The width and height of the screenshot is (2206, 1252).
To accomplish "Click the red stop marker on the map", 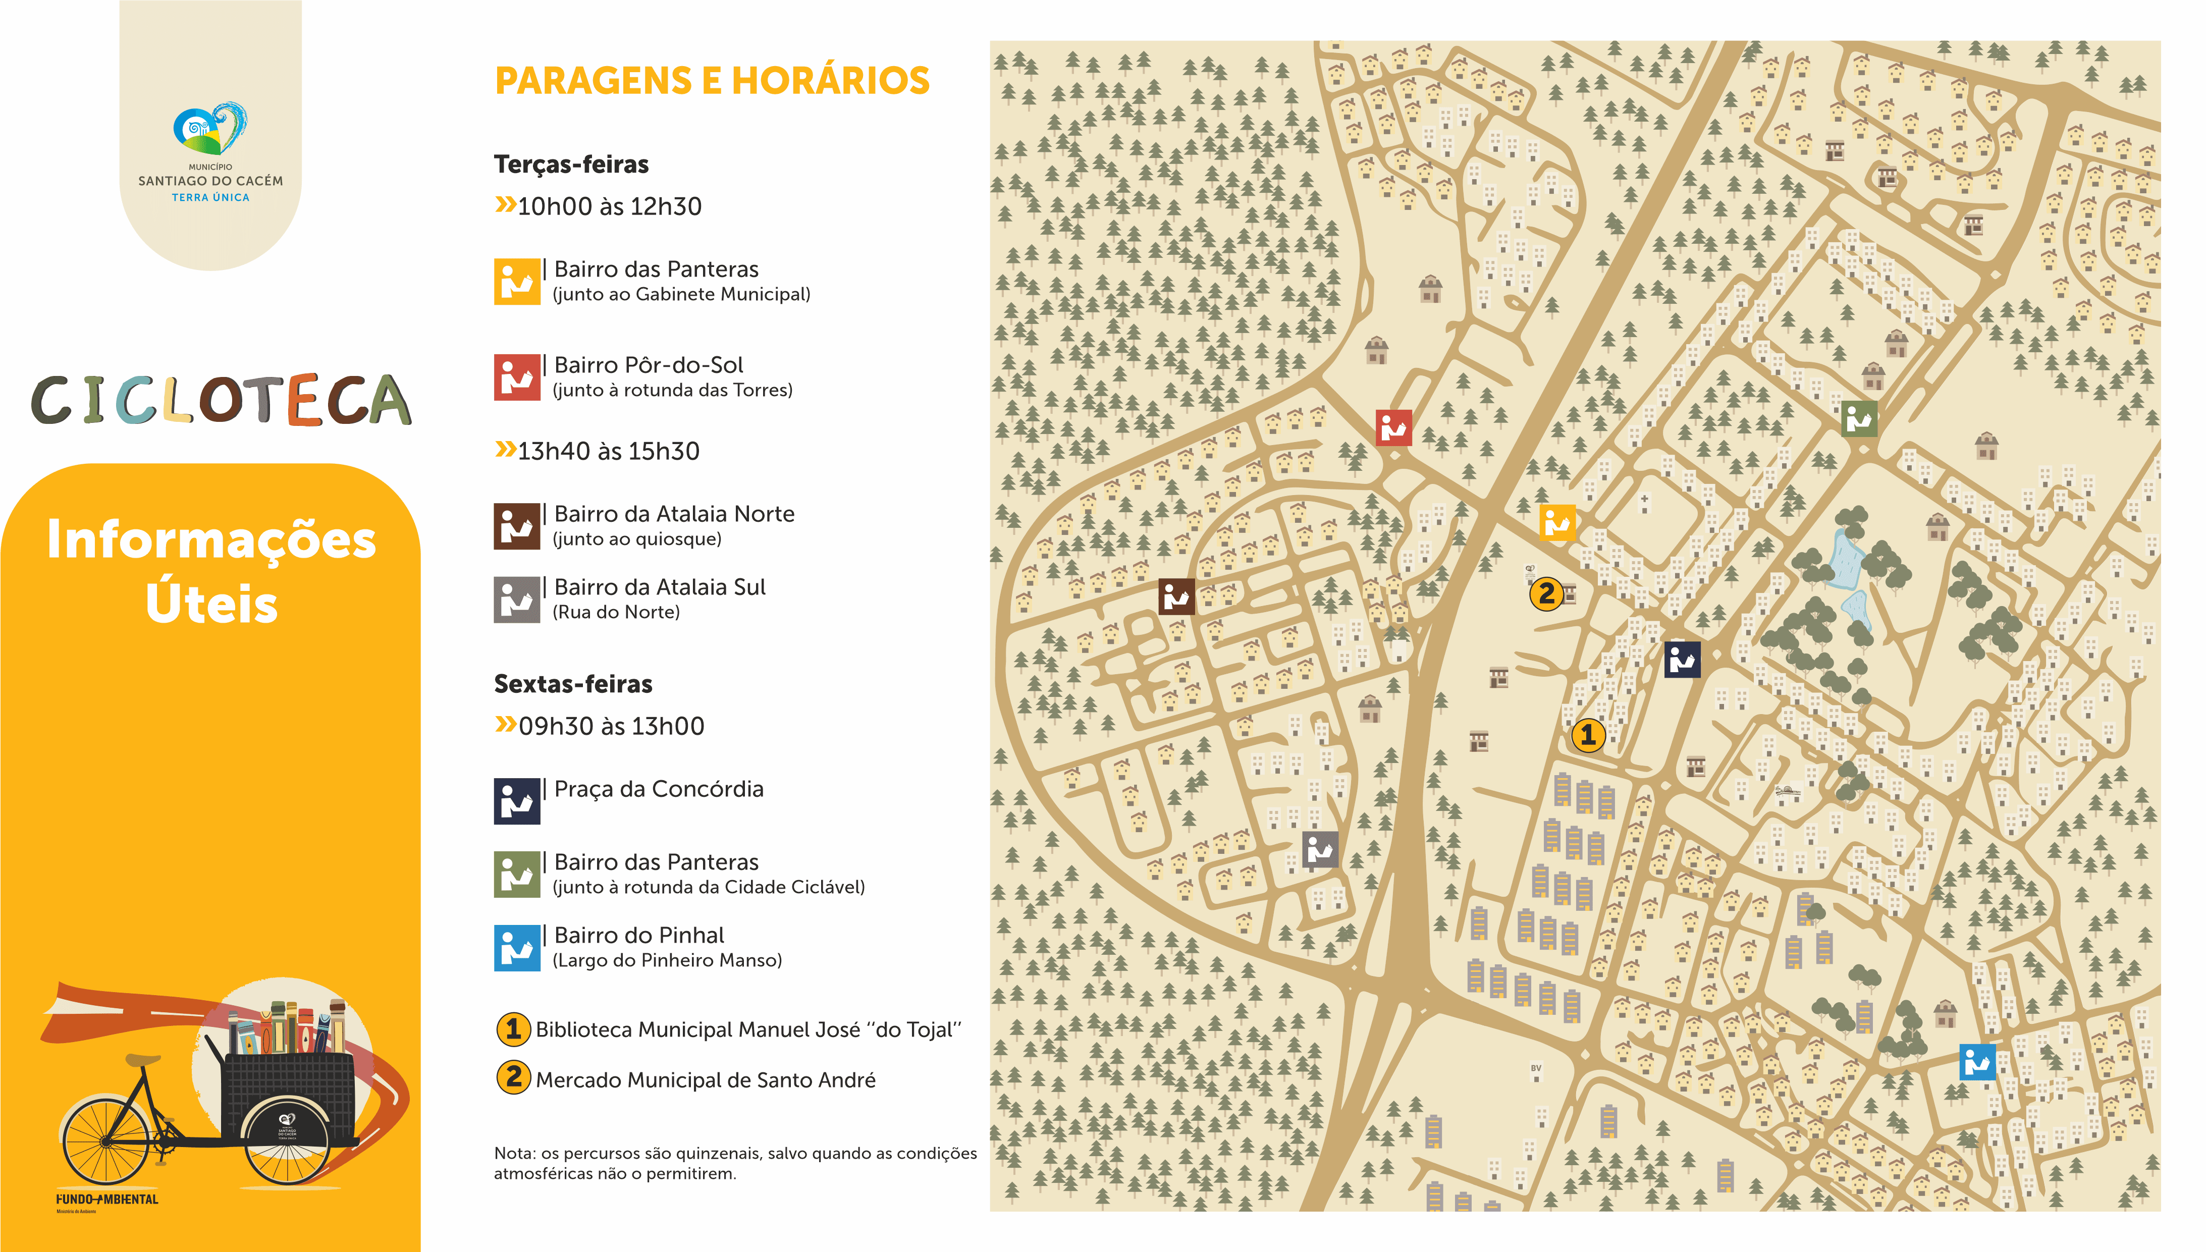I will (1393, 427).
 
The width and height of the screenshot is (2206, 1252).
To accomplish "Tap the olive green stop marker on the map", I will (1859, 419).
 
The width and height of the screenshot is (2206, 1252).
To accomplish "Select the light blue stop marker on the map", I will (1976, 1062).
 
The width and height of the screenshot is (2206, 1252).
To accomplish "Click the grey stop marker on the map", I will (1320, 850).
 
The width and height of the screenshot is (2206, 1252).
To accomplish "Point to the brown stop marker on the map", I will (1176, 596).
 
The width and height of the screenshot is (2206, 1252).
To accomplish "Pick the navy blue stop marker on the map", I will (1682, 660).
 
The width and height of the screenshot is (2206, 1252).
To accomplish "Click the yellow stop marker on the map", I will (1557, 522).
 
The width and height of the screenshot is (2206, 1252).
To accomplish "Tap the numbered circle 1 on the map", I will (1587, 735).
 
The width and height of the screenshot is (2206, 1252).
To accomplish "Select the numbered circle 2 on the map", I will (1546, 593).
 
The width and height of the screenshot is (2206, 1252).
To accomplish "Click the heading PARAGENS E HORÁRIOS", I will (712, 81).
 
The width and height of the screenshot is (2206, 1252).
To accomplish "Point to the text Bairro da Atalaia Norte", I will (674, 514).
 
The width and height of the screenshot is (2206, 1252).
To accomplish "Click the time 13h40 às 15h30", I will (608, 452).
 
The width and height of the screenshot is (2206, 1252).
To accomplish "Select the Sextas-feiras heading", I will (572, 684).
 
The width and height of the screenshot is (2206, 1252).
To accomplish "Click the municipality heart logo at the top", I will (210, 129).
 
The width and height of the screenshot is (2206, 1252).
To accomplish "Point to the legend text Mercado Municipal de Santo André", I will (705, 1080).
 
